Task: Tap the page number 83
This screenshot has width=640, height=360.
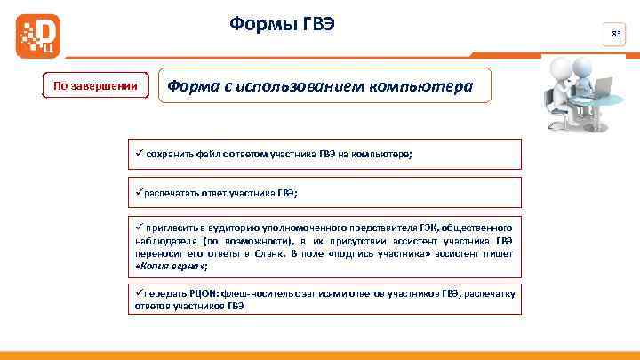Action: tap(615, 35)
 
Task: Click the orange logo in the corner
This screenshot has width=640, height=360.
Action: tap(35, 36)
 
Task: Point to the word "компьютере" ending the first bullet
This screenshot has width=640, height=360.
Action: tap(385, 153)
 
